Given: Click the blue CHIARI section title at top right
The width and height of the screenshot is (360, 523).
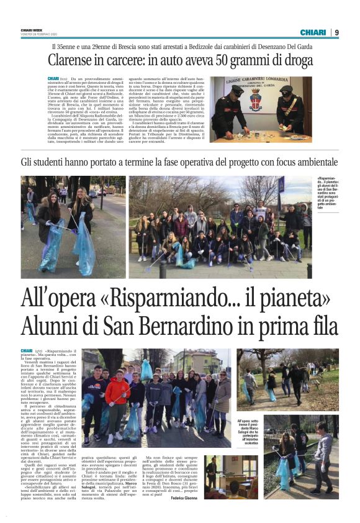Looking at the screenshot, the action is click(313, 32).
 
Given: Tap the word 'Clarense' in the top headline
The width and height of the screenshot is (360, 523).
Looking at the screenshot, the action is click(74, 62).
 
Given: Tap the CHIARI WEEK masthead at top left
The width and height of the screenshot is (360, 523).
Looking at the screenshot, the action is click(33, 30).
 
